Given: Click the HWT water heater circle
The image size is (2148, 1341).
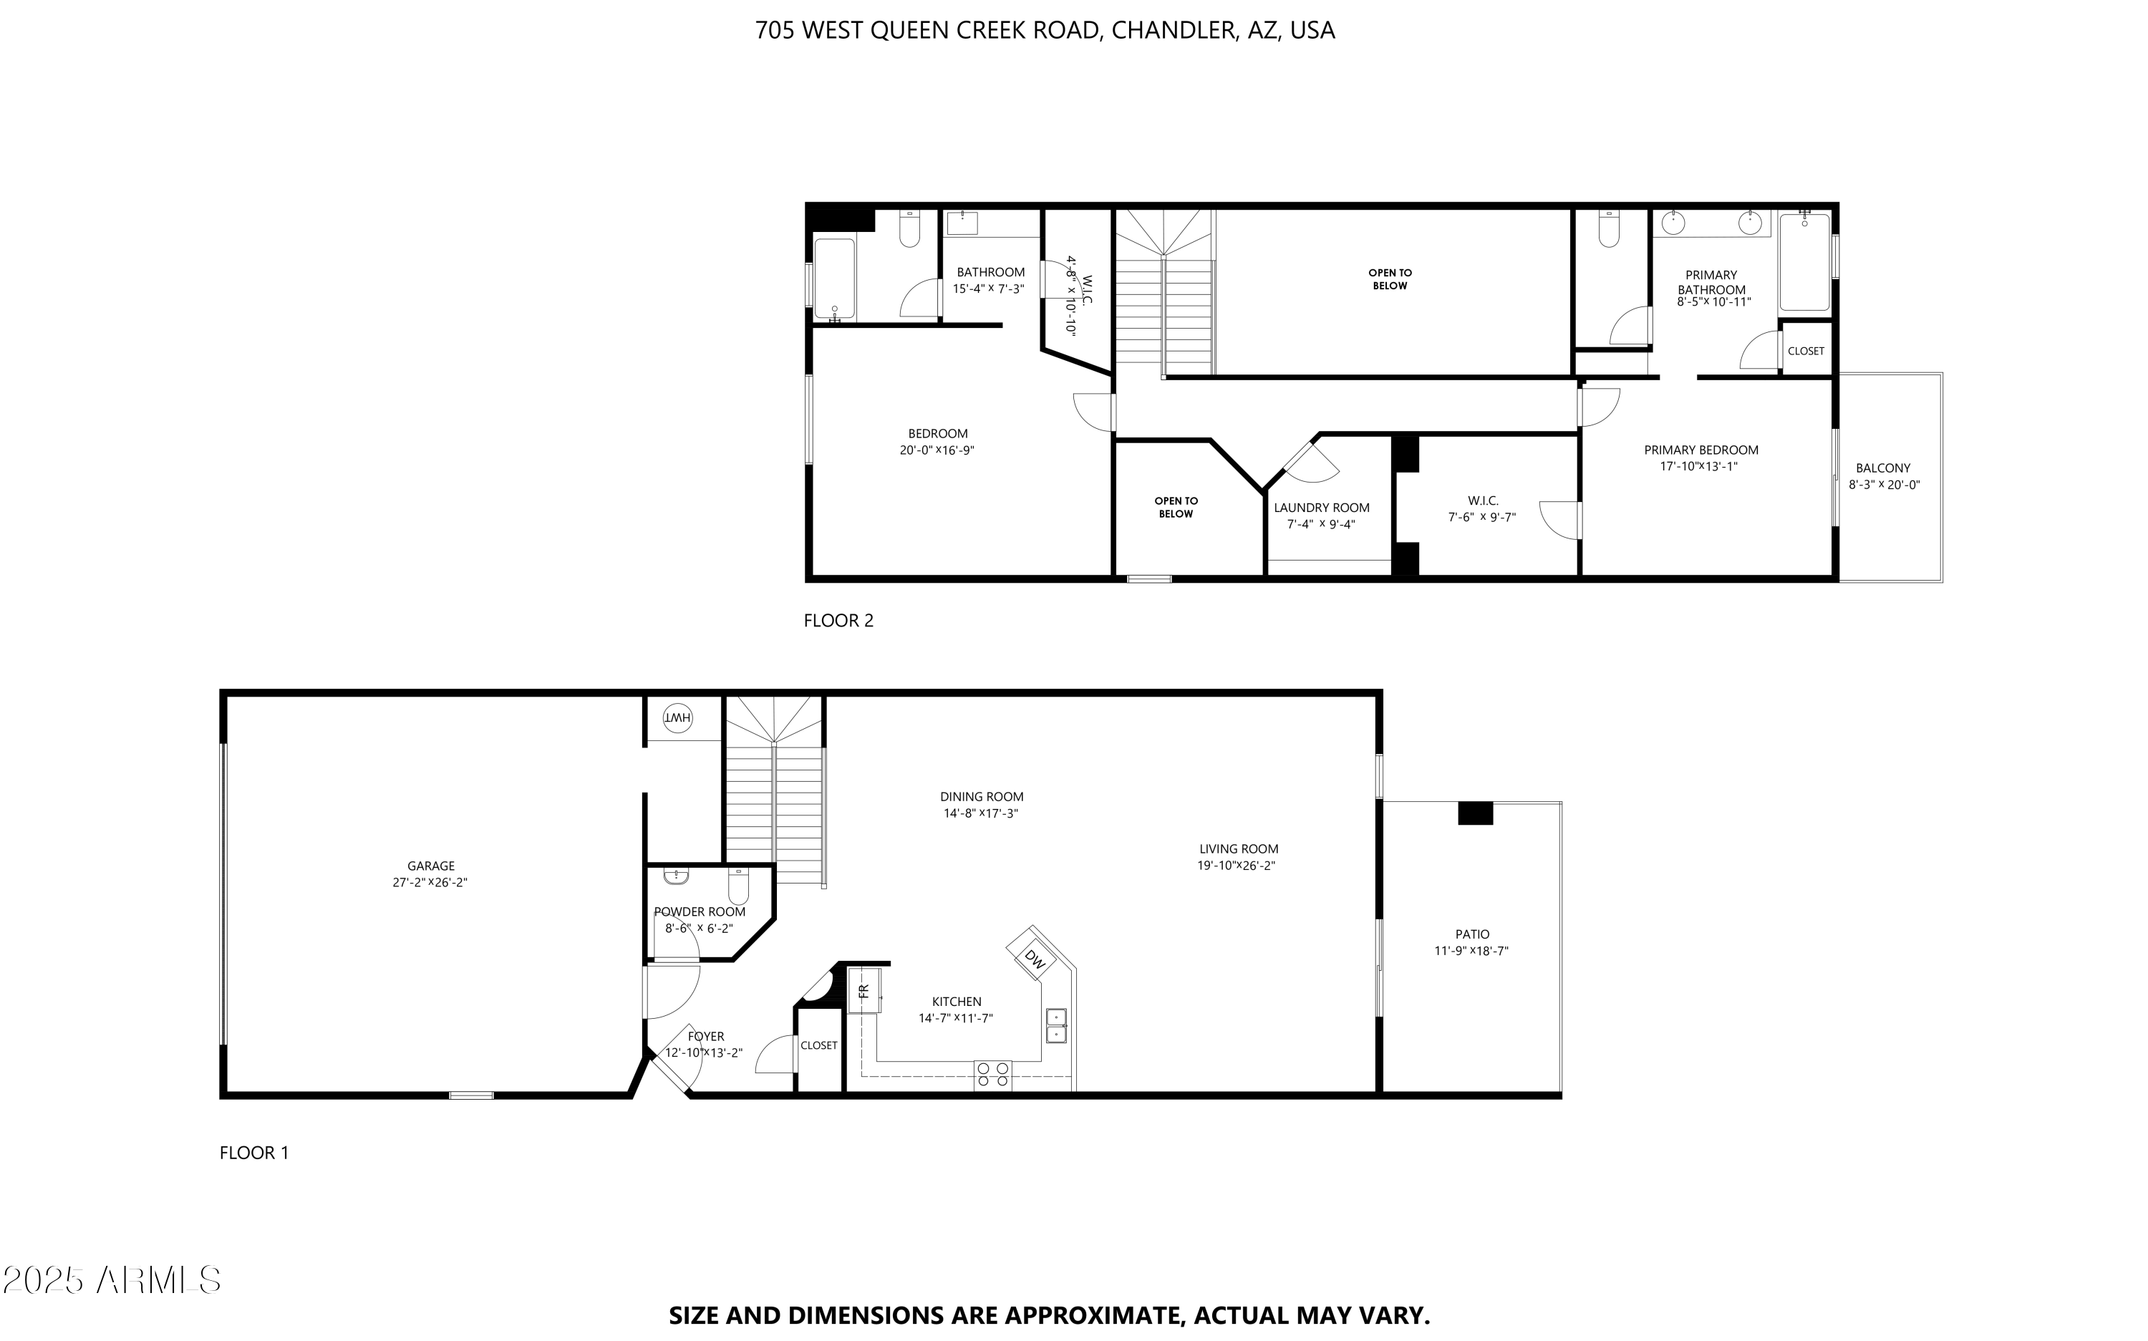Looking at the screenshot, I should tap(677, 717).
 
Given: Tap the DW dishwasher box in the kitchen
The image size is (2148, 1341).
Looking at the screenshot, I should tap(1034, 958).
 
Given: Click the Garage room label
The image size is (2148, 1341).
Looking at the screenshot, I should tap(431, 866).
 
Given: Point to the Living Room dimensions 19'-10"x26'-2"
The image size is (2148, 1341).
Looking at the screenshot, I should tap(1237, 866).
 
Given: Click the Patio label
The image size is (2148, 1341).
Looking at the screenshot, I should tap(1472, 934).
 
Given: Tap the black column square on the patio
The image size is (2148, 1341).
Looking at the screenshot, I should tap(1476, 813).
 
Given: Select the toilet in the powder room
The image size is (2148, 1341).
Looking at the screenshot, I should tap(739, 884).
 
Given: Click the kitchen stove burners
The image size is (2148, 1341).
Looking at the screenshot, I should tap(992, 1075).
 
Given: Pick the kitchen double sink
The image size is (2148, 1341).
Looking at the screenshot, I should tap(1055, 1025).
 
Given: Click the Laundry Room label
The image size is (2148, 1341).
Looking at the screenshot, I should tap(1322, 508).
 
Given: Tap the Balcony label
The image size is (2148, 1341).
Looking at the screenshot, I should tap(1883, 468).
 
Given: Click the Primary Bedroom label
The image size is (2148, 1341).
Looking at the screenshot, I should tap(1701, 450).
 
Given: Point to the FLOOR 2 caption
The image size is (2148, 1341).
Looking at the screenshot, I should tap(838, 621).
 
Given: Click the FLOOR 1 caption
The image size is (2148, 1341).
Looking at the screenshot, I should tap(254, 1153).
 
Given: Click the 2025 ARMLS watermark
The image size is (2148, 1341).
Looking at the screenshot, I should tap(112, 1280).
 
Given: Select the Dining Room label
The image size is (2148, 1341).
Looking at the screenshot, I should tap(982, 796).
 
